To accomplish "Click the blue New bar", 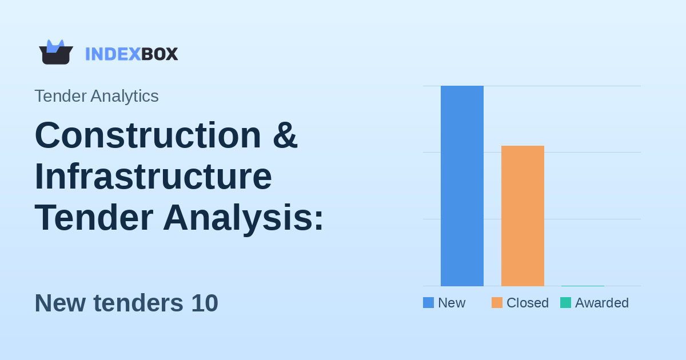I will pos(462,186).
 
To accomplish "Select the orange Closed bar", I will pos(523,216).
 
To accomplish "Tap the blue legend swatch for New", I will pos(428,303).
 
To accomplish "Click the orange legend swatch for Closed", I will pos(497,303).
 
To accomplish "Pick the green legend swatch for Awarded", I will pos(565,303).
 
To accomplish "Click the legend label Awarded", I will pos(601,303).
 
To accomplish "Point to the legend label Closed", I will pos(527,303).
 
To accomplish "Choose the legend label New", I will pos(452,303).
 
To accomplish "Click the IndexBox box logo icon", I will pos(55,53).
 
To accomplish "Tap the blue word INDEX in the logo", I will pos(113,54).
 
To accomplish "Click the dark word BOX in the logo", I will pos(159,54).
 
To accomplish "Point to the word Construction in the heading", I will pos(148,135).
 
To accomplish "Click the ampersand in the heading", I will pos(285,135).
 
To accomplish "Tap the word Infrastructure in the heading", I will pos(153,177).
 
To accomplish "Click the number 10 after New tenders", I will pos(205,303).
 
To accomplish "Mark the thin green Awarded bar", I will pos(583,285).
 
